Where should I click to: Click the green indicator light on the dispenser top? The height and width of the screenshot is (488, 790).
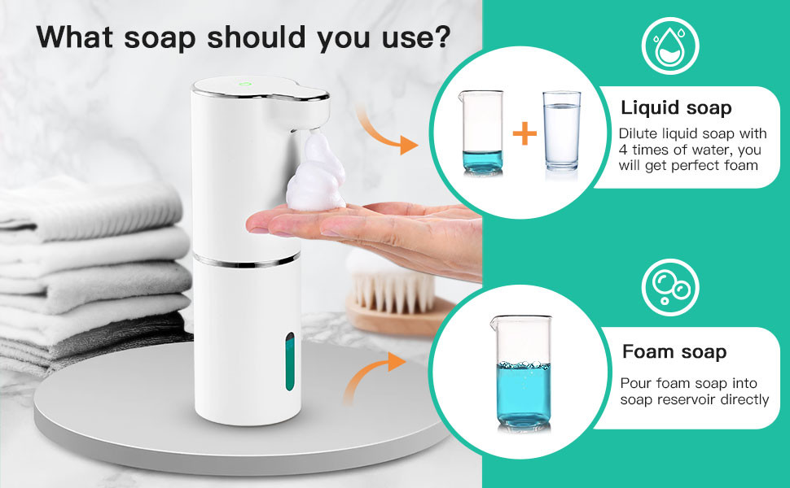point(245,84)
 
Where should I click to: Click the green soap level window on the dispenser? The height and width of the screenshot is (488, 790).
point(290,361)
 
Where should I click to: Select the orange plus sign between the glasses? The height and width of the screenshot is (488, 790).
point(524,133)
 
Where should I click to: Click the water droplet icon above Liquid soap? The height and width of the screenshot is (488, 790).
point(670,46)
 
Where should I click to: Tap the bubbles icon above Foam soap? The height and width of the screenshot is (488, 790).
point(670,287)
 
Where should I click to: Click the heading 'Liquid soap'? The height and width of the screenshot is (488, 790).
point(676,107)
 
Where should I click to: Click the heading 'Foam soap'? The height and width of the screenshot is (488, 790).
point(674,351)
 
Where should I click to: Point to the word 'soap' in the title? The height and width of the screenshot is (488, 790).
point(160,37)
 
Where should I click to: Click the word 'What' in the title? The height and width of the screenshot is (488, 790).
point(75,37)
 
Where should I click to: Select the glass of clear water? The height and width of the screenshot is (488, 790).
point(562,131)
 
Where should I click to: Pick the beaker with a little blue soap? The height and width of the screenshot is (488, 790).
point(481,133)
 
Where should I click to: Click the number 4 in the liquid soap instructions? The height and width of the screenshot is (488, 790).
point(623,150)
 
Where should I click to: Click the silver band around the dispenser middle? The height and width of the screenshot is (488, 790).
point(247,260)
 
